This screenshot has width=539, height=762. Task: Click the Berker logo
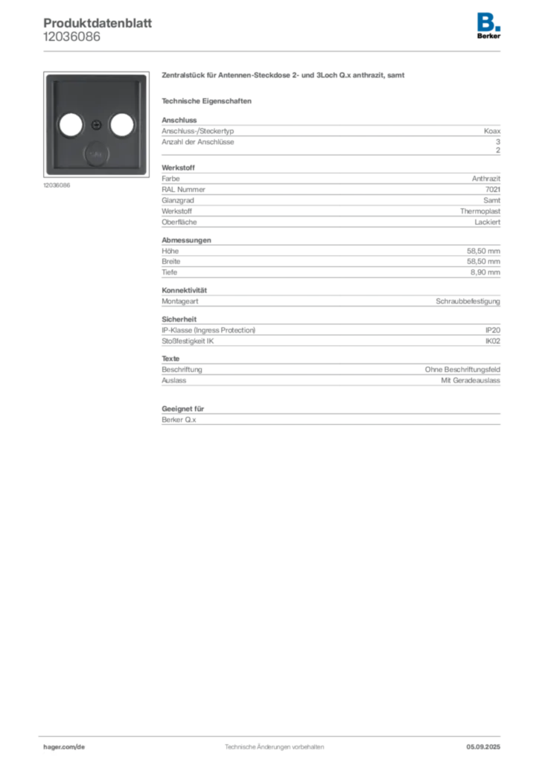[488, 26]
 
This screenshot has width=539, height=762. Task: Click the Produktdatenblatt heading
[98, 23]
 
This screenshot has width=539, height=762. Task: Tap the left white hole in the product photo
[71, 125]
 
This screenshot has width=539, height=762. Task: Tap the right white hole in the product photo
[121, 125]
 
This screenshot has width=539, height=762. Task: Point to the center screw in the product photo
[96, 125]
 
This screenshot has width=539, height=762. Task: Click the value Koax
[492, 131]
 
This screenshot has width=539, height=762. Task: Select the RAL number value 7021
[493, 190]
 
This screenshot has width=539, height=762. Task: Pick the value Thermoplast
[480, 211]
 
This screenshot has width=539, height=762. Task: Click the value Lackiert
[488, 222]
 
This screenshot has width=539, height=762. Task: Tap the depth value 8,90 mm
[485, 272]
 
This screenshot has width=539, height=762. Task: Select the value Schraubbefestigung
[468, 301]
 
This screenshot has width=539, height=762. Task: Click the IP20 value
[493, 330]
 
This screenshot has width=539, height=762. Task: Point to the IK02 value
[493, 341]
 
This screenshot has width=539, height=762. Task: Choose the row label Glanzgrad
[178, 201]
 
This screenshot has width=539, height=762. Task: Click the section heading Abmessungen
[186, 240]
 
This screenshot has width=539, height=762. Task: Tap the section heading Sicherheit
[179, 319]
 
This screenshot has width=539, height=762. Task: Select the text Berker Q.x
[179, 420]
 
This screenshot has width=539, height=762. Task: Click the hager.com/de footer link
[64, 747]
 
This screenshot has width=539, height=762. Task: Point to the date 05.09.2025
[483, 747]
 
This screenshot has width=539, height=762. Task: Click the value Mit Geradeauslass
[471, 380]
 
